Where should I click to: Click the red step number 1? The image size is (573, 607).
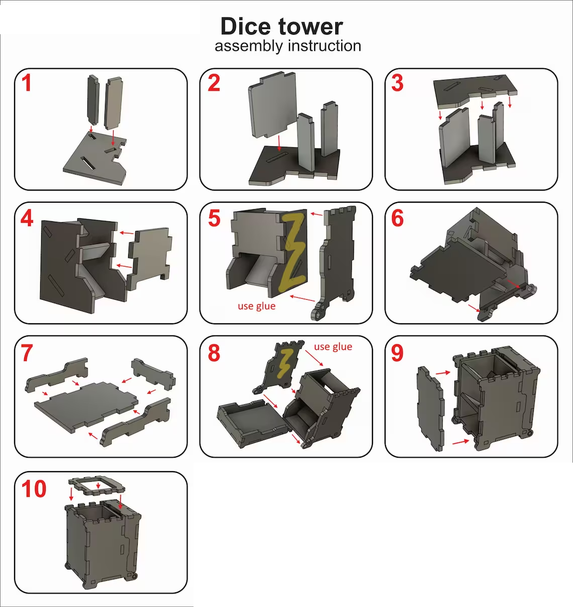[x=27, y=83]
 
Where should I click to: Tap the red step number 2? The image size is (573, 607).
[x=214, y=83]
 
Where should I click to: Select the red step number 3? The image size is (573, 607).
[x=398, y=83]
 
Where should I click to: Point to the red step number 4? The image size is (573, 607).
[x=27, y=218]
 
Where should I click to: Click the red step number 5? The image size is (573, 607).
[x=215, y=218]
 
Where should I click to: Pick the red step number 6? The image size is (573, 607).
[x=398, y=218]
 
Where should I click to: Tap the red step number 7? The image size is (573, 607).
[x=27, y=353]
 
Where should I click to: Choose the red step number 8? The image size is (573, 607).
[x=214, y=353]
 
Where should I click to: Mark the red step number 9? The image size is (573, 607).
[x=398, y=353]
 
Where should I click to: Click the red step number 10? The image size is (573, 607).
[x=34, y=489]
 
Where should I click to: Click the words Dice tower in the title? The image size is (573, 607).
[x=281, y=26]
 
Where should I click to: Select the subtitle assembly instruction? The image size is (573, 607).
[x=288, y=46]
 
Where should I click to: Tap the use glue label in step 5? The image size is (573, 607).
[x=256, y=306]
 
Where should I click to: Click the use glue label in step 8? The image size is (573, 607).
[x=333, y=346]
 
